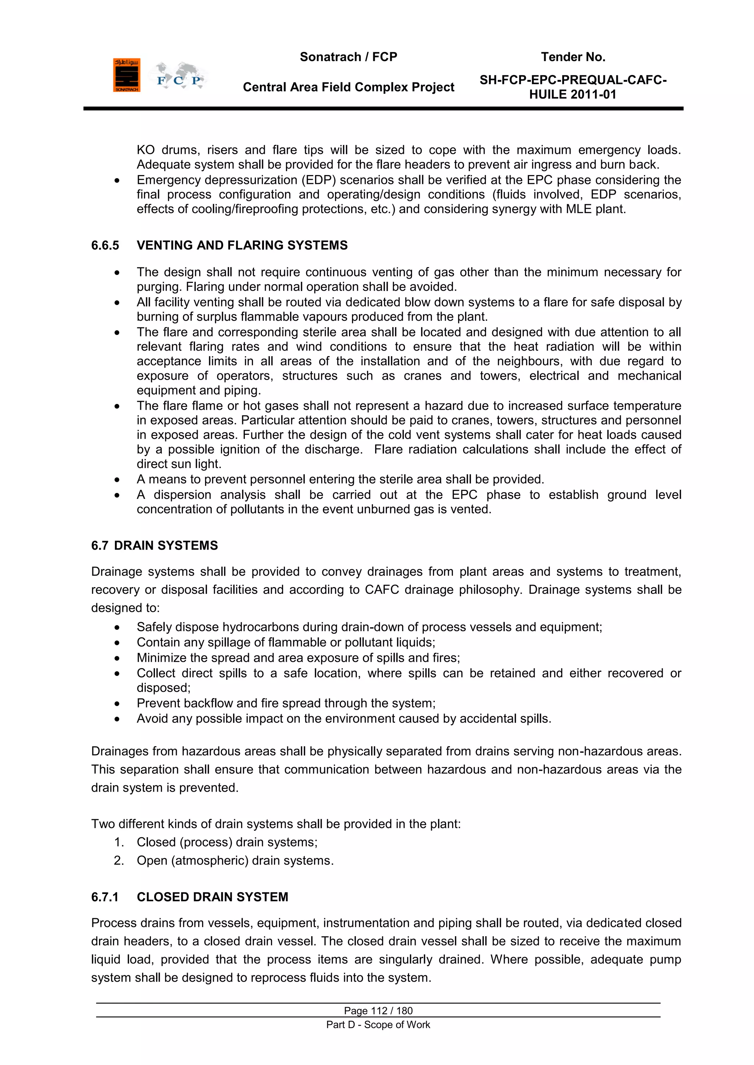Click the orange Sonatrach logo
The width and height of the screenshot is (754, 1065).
point(126,75)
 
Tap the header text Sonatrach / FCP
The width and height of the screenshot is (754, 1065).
point(348,57)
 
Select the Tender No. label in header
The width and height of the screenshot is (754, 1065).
point(573,57)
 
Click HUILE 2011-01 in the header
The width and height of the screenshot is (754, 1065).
point(572,95)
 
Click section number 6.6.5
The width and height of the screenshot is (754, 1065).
point(105,245)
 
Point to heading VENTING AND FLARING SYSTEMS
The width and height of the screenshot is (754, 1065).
point(242,245)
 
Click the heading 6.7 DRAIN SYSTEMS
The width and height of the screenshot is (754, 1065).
point(155,546)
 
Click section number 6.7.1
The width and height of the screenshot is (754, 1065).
point(105,897)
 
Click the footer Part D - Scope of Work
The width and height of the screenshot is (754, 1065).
point(378,1025)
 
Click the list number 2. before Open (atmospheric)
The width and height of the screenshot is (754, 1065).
point(119,861)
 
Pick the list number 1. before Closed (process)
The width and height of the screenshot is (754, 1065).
point(119,842)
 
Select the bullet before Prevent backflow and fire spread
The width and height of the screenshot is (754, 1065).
point(117,704)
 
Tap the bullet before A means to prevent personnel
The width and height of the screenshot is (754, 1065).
point(117,480)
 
